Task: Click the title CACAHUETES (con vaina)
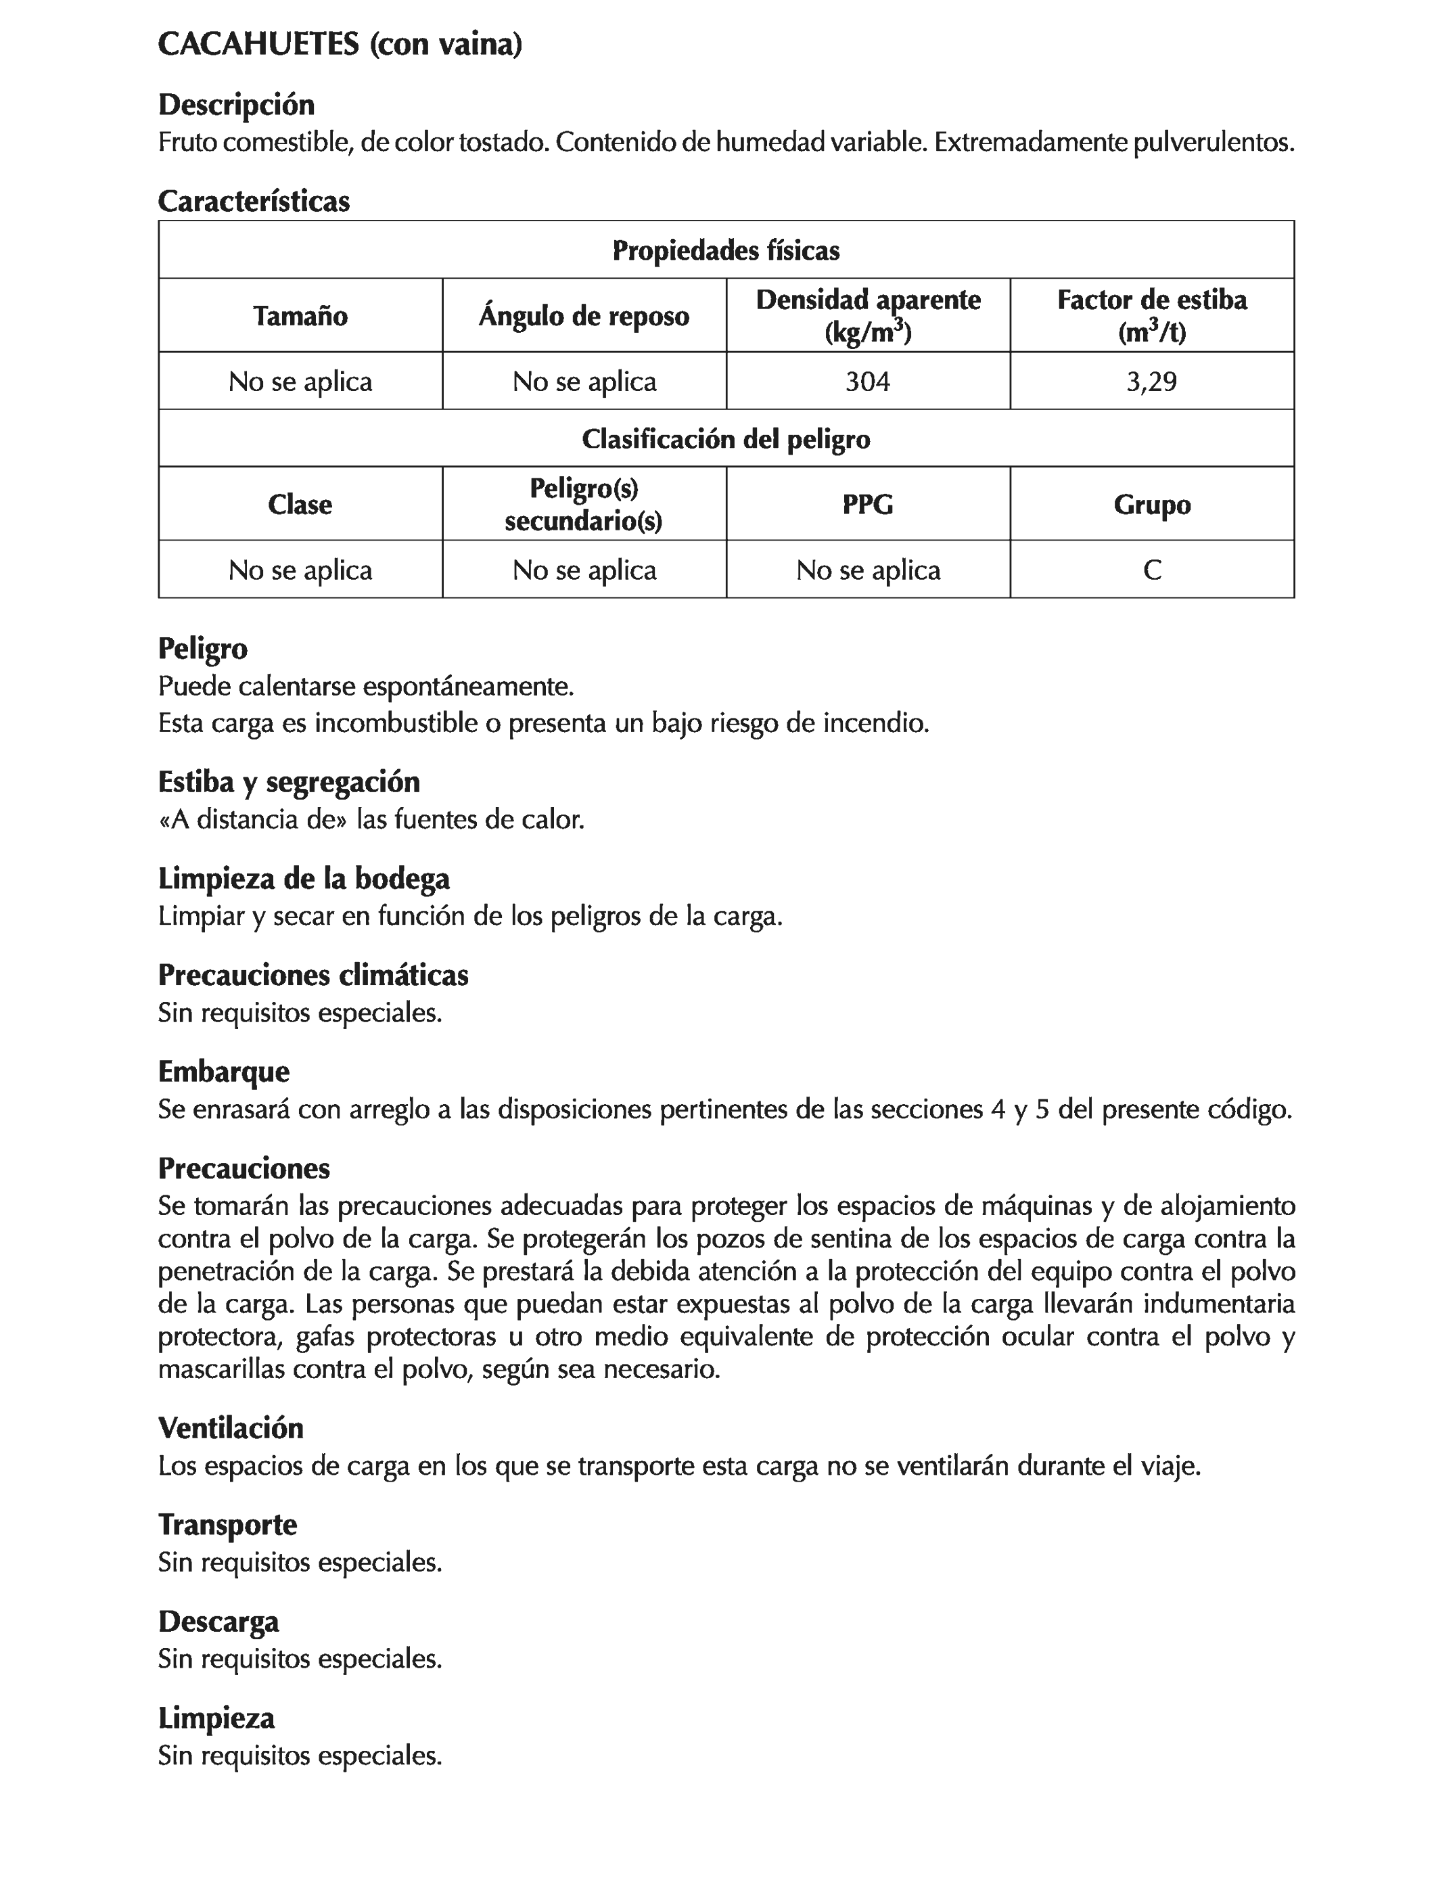(340, 45)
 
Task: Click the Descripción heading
(236, 105)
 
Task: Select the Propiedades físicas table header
(725, 250)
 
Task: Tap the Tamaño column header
(300, 316)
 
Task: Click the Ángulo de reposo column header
(584, 316)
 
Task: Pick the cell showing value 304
(868, 381)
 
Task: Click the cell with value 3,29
(1151, 381)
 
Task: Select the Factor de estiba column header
(1151, 315)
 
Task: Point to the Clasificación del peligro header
(725, 439)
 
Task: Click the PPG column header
(868, 505)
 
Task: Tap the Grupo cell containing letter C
(1151, 570)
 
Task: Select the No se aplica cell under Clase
(300, 570)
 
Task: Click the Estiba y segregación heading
(289, 782)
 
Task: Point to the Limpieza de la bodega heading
(304, 878)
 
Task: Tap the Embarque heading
(223, 1072)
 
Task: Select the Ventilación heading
(230, 1428)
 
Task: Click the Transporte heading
(227, 1524)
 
